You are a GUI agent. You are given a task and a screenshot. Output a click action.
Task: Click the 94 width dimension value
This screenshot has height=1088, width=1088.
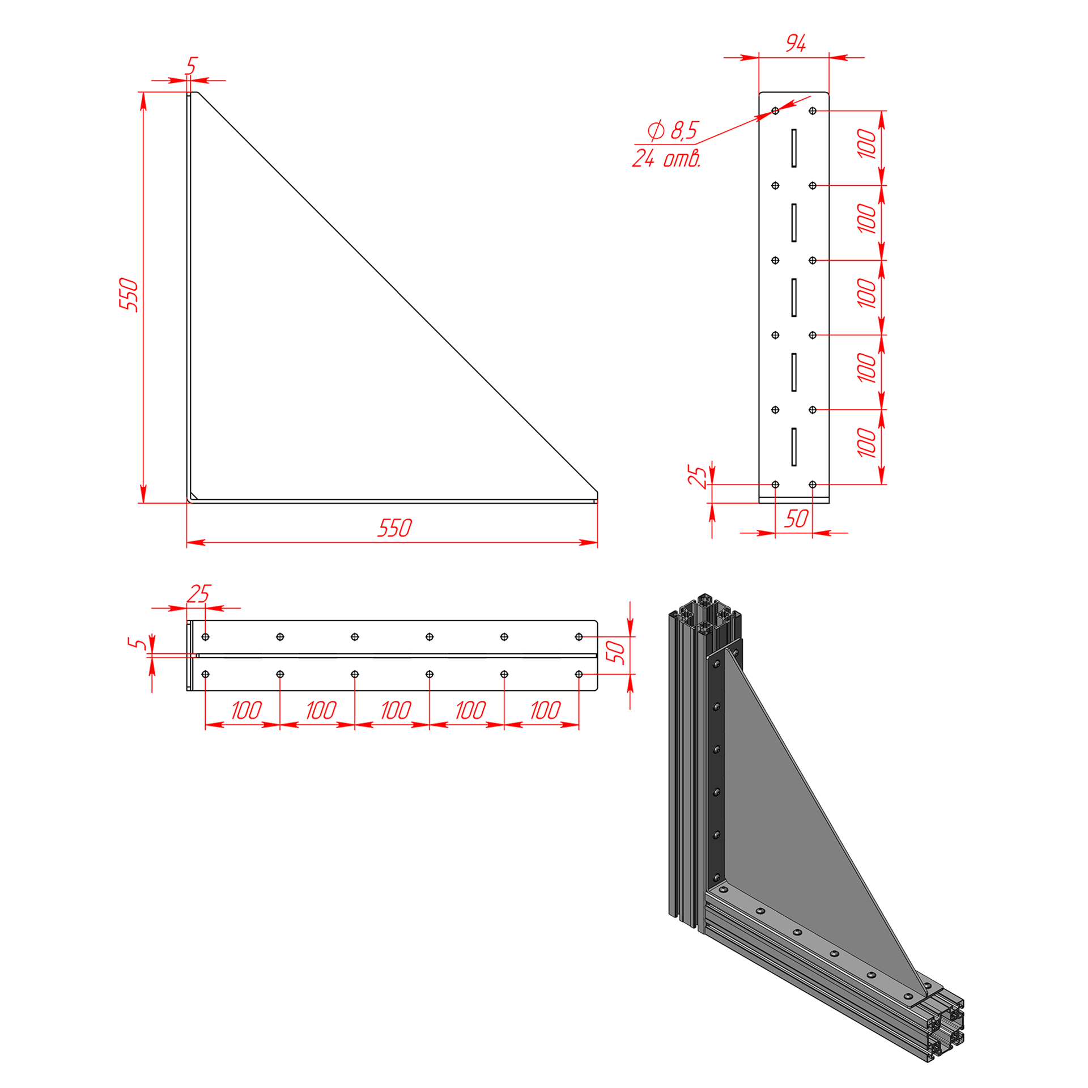pos(796,43)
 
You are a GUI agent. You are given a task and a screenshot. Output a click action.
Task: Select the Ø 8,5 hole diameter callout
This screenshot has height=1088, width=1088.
pos(673,130)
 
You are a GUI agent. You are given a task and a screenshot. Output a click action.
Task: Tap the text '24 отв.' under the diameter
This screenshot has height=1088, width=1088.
pos(666,158)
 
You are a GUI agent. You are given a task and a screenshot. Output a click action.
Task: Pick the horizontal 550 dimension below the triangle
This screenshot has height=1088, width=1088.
pos(395,528)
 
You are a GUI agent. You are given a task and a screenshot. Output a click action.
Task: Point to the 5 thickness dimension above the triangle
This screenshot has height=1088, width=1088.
pos(192,66)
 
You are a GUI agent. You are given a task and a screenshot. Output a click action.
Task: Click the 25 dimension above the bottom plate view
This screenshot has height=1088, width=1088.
pos(198,594)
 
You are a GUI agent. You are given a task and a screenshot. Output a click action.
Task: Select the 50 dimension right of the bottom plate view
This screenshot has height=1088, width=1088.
pos(615,652)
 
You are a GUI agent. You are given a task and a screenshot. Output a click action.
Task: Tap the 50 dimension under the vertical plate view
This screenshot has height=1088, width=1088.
pos(796,518)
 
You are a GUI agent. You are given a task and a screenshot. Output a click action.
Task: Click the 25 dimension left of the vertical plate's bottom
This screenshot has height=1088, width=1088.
pos(698,477)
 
